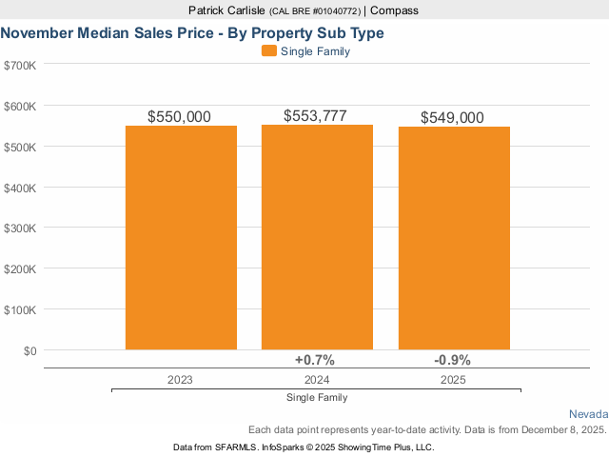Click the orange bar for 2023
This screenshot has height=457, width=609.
click(x=181, y=238)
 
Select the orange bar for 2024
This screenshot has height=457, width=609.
click(x=317, y=237)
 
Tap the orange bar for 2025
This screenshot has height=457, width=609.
click(x=453, y=238)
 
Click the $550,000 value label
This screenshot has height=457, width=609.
click(x=180, y=116)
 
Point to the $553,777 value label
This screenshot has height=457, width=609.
click(x=316, y=115)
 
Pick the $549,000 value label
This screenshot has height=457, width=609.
click(x=452, y=117)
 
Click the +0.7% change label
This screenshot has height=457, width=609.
click(x=315, y=360)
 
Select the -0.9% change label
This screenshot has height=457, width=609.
click(x=452, y=360)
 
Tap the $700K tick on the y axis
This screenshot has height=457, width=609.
click(x=20, y=65)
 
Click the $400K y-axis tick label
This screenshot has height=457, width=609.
click(x=20, y=188)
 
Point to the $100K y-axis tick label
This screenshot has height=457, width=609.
click(x=20, y=310)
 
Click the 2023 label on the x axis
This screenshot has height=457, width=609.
click(x=180, y=379)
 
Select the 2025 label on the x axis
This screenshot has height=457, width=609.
click(x=452, y=379)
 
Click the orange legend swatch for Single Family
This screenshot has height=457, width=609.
click(x=268, y=51)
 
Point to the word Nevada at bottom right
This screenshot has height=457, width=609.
click(x=588, y=414)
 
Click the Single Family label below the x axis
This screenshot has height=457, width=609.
click(x=316, y=397)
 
